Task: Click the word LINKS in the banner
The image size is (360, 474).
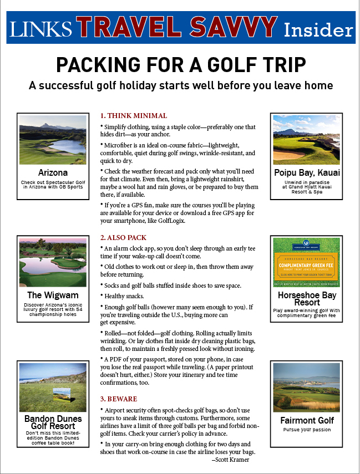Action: tap(40, 28)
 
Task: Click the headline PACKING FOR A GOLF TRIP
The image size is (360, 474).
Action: tap(181, 65)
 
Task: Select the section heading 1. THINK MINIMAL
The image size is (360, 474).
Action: tap(134, 116)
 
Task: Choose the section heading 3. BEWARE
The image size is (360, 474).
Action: tap(119, 399)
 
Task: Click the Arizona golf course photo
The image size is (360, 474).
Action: tap(53, 140)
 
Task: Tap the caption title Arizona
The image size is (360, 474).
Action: tap(53, 172)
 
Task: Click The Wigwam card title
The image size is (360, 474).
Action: tap(53, 295)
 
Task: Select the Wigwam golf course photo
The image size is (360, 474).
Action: tap(53, 263)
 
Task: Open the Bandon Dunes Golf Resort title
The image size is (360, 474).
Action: tap(53, 422)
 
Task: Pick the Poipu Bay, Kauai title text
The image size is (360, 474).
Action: tap(307, 173)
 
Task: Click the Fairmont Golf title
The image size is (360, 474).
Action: tap(307, 420)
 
